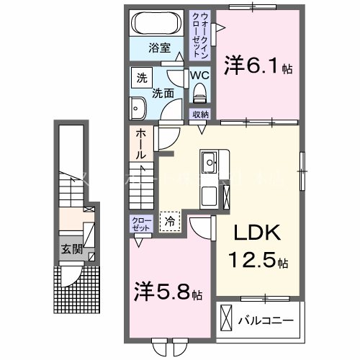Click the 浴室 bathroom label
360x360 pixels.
(x=160, y=48)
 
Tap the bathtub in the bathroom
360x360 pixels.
(x=158, y=23)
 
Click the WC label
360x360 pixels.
(x=199, y=74)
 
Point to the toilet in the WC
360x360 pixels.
(x=199, y=91)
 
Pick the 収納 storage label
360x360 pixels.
(x=199, y=114)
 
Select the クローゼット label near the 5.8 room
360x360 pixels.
(x=140, y=223)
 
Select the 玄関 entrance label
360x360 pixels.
(x=70, y=251)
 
